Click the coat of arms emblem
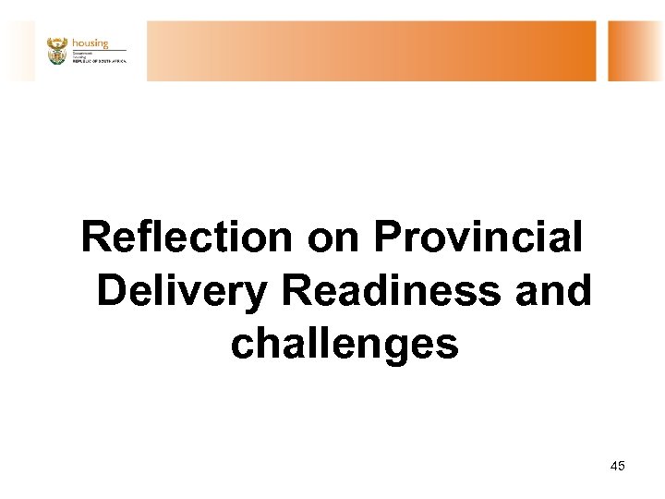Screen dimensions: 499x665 pos(57,51)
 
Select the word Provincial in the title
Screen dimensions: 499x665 pos(478,237)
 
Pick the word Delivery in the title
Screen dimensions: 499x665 pos(181,291)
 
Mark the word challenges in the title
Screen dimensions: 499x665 pos(345,345)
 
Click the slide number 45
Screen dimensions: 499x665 pos(618,466)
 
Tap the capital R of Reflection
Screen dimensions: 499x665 pos(95,237)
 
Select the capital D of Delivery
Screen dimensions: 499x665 pos(111,291)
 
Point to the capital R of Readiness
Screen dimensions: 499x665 pos(297,291)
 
